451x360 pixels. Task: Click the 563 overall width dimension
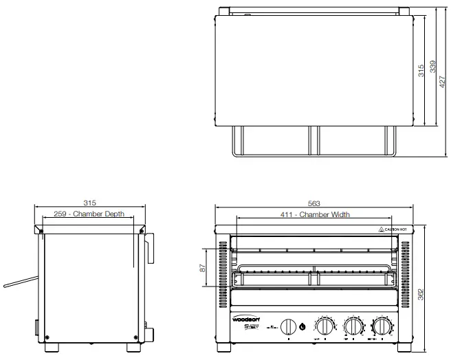pyautogui.click(x=313, y=203)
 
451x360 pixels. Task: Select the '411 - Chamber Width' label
pyautogui.click(x=316, y=215)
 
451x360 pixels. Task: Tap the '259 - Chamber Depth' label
pyautogui.click(x=89, y=214)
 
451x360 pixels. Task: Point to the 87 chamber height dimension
pyautogui.click(x=202, y=268)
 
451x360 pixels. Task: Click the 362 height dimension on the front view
pyautogui.click(x=421, y=293)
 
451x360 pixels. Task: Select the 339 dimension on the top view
pyautogui.click(x=432, y=67)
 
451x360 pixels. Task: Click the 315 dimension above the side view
pyautogui.click(x=89, y=203)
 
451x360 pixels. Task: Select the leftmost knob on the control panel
pyautogui.click(x=291, y=326)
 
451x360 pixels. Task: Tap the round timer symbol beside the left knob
pyautogui.click(x=302, y=326)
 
